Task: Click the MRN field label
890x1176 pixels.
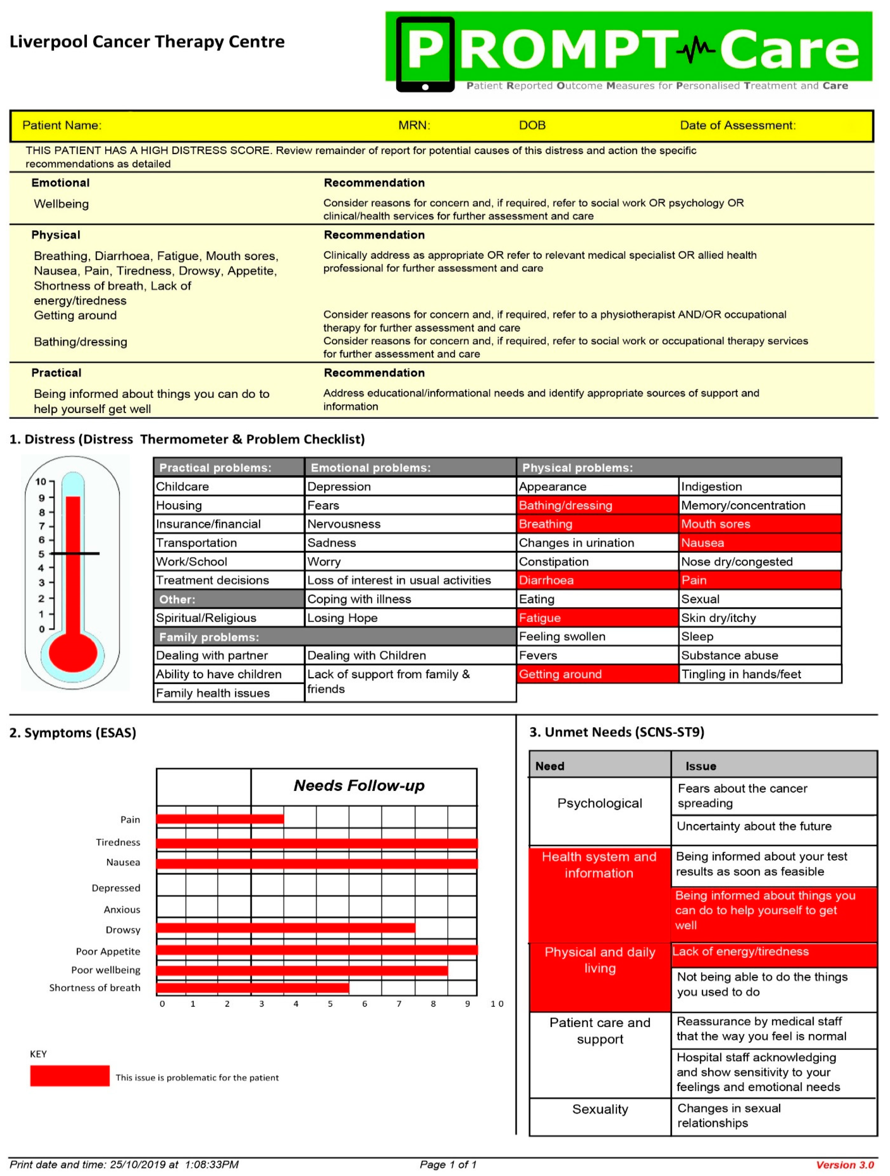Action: click(x=414, y=125)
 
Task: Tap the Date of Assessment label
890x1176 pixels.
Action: click(x=737, y=125)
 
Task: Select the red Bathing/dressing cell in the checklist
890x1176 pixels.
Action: click(x=597, y=505)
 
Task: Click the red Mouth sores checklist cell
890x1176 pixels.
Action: click(x=760, y=524)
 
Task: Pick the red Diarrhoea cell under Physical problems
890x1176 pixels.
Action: click(x=597, y=580)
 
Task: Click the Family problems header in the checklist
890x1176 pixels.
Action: click(x=335, y=637)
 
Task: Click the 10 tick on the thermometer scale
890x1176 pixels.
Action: click(x=41, y=482)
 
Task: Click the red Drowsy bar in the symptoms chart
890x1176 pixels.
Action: click(x=286, y=928)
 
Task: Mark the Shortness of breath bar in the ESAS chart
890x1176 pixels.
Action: click(x=252, y=988)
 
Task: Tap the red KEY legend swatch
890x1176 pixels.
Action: click(x=70, y=1075)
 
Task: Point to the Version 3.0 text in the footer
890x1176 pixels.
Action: click(x=845, y=1165)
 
